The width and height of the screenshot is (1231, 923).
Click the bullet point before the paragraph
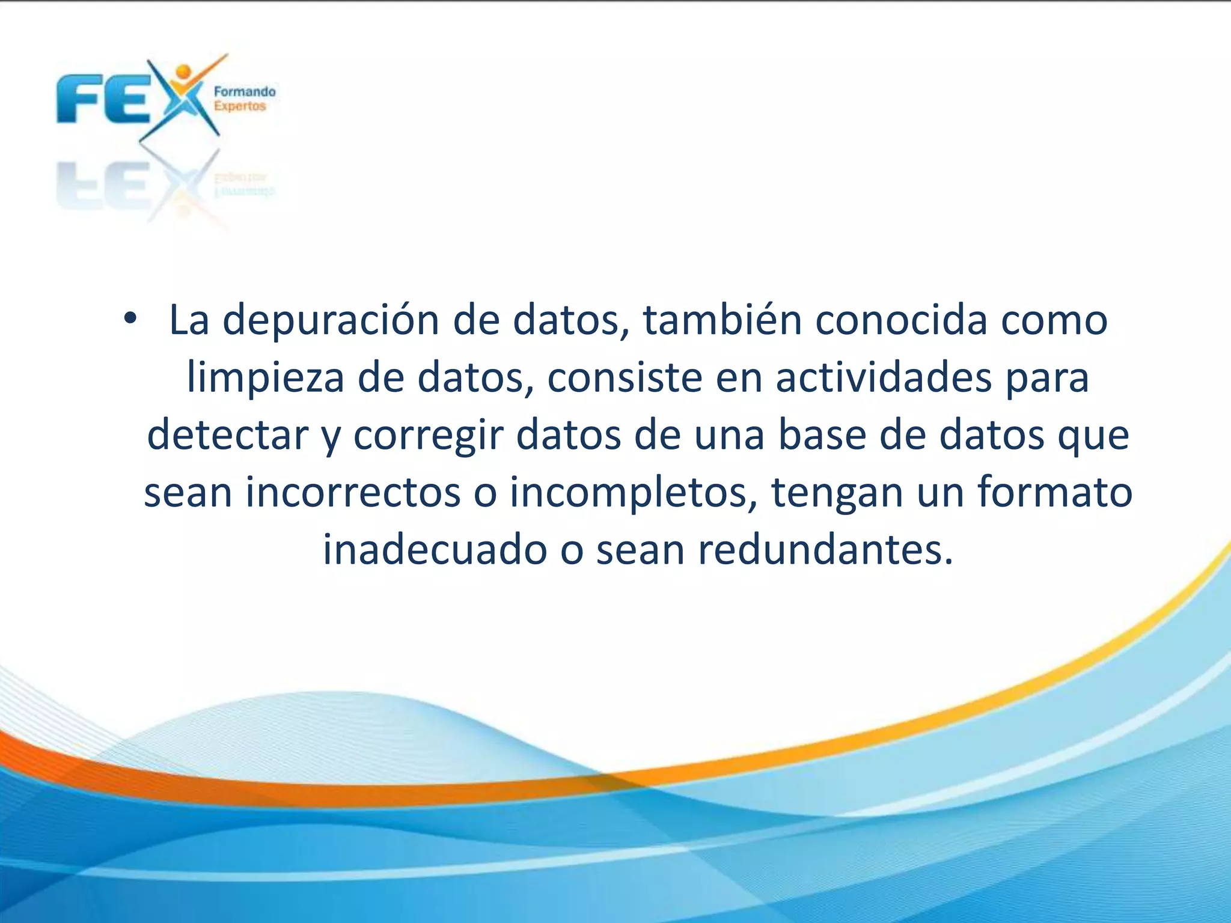[130, 319]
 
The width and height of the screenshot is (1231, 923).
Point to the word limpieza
[265, 379]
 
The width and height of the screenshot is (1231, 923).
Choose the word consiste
[625, 377]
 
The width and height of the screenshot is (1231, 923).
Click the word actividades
[883, 377]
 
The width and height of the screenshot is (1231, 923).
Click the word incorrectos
[353, 492]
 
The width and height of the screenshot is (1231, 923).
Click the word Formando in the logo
[245, 92]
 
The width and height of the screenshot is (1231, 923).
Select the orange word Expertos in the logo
[240, 106]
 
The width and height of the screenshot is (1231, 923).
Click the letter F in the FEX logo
[78, 100]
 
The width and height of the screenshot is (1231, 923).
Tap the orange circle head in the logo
[184, 72]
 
